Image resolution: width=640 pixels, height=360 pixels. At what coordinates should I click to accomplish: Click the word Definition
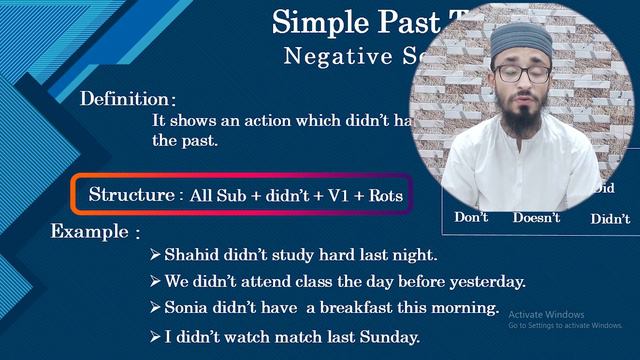click(125, 99)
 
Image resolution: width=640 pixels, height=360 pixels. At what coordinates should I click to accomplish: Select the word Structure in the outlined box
click(130, 194)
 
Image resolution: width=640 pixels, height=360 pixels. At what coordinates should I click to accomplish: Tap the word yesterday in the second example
click(485, 281)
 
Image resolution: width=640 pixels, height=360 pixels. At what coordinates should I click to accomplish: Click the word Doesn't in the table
click(536, 218)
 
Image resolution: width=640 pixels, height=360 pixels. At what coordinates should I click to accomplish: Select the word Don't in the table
click(471, 217)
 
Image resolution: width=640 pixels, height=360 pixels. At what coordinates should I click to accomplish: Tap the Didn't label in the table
click(610, 219)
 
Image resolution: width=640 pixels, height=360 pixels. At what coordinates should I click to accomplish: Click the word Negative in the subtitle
click(328, 56)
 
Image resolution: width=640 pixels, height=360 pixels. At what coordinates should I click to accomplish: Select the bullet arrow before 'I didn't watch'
click(155, 336)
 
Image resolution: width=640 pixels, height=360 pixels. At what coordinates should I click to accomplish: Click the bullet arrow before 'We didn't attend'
click(155, 281)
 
